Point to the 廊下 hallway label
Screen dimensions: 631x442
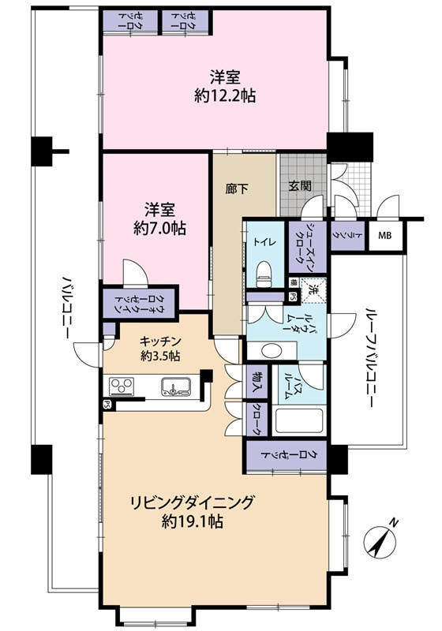[x=234, y=191]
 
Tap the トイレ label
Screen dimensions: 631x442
[x=262, y=242]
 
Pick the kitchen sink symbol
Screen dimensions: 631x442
[x=174, y=386]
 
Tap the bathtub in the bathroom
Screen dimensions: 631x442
[x=299, y=421]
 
